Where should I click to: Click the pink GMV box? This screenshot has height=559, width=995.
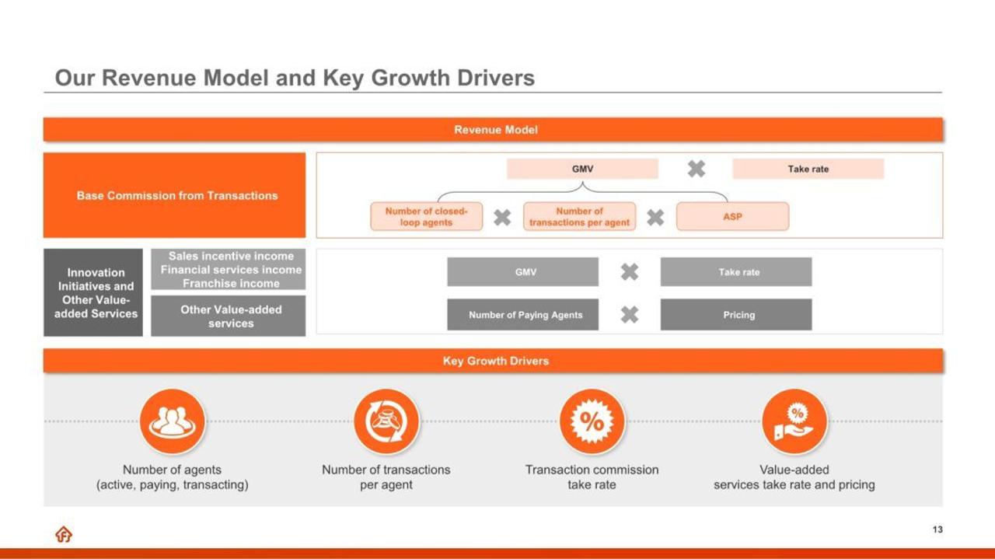(582, 169)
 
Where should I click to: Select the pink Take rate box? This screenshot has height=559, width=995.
(808, 169)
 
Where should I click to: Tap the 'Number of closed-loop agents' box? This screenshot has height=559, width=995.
(427, 216)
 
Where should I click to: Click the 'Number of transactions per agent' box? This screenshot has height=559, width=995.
(580, 216)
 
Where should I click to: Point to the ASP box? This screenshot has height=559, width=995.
(733, 216)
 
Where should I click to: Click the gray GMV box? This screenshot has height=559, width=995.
(523, 271)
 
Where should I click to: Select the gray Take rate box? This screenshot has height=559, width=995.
(736, 271)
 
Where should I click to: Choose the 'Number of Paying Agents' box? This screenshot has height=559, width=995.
(523, 315)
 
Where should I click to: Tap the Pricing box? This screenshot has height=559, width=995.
(736, 315)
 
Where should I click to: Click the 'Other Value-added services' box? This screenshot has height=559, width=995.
(229, 316)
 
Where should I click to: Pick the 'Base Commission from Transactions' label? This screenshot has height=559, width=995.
(177, 195)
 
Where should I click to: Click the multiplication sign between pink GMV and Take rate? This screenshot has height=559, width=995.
(696, 169)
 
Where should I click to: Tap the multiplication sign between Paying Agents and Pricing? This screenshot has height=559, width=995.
(630, 315)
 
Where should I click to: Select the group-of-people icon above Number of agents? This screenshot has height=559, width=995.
(173, 421)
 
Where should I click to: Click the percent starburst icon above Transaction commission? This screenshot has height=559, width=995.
(592, 421)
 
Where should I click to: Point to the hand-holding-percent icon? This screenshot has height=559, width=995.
(794, 421)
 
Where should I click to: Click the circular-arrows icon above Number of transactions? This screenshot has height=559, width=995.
(386, 421)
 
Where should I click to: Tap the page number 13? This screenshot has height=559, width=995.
(937, 529)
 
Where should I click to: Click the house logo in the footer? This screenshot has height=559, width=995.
(64, 534)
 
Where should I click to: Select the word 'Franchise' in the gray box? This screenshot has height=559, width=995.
(204, 284)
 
